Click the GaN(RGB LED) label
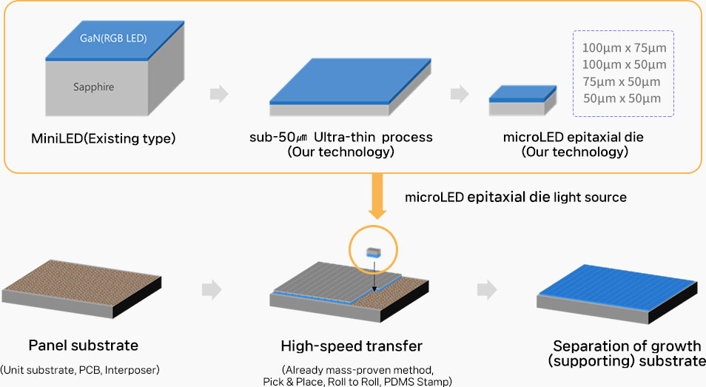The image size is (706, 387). tap(113, 38)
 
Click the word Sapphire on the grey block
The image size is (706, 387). tap(94, 87)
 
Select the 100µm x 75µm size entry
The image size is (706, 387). tap(624, 47)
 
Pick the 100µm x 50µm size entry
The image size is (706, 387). tap(624, 65)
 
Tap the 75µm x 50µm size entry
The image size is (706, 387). tap(622, 82)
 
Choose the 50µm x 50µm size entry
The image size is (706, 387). tap(622, 98)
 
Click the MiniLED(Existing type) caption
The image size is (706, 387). tap(103, 138)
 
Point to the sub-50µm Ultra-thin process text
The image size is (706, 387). tap(341, 137)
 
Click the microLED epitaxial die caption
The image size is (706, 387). tap(574, 137)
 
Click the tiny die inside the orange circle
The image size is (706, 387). tap(374, 252)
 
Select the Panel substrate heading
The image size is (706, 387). tap(84, 345)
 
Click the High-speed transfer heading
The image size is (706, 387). tap(352, 346)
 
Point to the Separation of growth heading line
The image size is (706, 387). tap(627, 346)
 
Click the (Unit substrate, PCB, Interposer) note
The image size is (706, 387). tap(80, 370)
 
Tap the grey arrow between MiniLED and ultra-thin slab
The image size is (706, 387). tap(219, 93)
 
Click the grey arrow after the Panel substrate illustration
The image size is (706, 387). tap(212, 289)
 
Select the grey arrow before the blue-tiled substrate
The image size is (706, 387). tap(487, 289)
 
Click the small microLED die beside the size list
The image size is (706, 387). tap(522, 101)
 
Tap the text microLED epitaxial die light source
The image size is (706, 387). tap(516, 197)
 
